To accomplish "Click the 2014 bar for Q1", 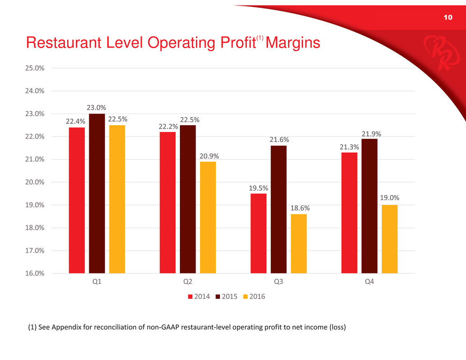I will point(77,200).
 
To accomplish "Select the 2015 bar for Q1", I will point(97,193).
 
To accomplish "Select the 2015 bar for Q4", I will point(370,206).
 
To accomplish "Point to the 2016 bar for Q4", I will point(390,239).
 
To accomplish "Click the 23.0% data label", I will point(97,108).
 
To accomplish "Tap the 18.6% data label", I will point(299,208).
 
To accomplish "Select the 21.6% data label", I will point(279,140).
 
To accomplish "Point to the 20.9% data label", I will point(208,156).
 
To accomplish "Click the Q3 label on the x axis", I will point(279,282).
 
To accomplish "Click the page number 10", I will point(448,18).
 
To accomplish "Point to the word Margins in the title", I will point(293,43).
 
